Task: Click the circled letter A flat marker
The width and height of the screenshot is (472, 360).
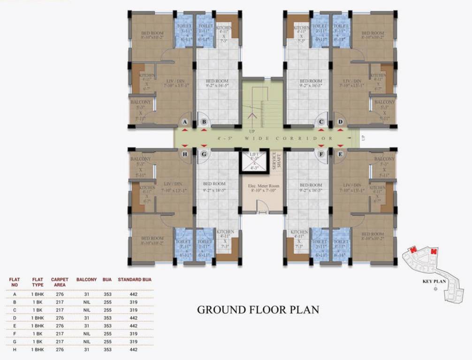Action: [x=185, y=123]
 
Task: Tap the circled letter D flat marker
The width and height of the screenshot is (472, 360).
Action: [x=340, y=123]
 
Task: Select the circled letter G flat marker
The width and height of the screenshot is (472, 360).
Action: [x=204, y=154]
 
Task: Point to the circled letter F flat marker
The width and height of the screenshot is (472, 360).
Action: [x=321, y=154]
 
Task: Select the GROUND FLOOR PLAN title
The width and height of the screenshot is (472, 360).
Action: [x=258, y=309]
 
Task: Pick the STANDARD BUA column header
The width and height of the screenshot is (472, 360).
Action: [x=134, y=279]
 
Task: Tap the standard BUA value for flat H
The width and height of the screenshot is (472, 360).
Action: [x=133, y=350]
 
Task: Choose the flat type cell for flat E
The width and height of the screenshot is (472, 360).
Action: [x=38, y=326]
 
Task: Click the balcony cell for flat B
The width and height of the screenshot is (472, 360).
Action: [x=86, y=302]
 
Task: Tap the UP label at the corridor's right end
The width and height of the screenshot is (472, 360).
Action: [x=363, y=138]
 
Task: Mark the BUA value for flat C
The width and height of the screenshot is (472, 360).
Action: [x=107, y=310]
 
